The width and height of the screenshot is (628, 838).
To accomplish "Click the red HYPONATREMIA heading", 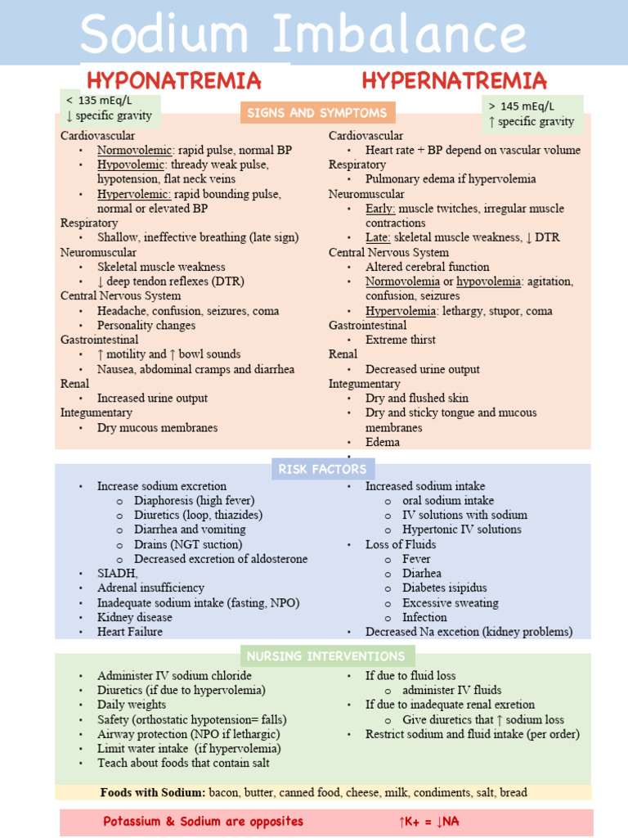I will click(174, 81).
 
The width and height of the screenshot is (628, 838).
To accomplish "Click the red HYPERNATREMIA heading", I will click(455, 81).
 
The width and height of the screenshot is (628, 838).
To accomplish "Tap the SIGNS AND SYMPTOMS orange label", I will click(317, 113).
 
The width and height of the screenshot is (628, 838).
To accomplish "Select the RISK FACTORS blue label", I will click(324, 469).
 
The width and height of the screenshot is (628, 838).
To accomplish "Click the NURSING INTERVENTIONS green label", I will click(327, 656).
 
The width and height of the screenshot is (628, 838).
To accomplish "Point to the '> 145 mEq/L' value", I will click(521, 106).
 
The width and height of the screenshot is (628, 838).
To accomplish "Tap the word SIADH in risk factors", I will click(117, 574).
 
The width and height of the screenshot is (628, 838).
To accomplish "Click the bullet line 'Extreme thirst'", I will click(400, 340).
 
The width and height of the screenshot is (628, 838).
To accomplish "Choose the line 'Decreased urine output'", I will click(422, 369).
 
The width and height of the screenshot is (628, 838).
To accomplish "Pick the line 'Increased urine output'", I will click(152, 399).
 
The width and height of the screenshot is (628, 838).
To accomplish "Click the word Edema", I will click(383, 443).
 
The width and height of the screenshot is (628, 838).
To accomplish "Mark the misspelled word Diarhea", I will click(422, 574).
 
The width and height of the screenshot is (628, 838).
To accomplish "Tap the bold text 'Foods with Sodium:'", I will click(153, 793).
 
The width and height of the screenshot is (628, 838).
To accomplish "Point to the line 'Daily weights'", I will click(132, 705).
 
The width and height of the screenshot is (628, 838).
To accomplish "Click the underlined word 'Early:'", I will click(380, 209).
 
